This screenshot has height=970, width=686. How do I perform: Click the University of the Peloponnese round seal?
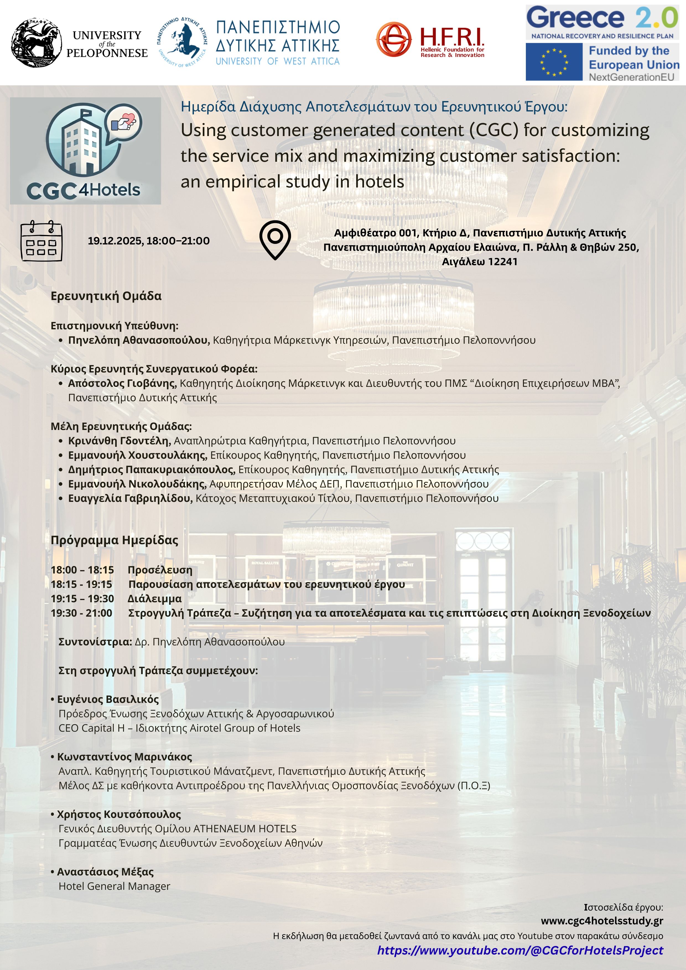[x=36, y=43]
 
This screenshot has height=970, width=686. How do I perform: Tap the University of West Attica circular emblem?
[x=182, y=43]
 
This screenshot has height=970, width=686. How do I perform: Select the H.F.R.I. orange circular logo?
[x=394, y=39]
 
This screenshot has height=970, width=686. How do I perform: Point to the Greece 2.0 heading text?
[x=602, y=18]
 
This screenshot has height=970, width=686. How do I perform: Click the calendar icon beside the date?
[x=41, y=241]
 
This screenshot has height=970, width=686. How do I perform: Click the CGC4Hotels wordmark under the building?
[x=83, y=191]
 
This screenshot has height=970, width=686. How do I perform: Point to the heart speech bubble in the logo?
[x=123, y=122]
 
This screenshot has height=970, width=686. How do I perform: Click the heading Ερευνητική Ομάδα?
[x=106, y=296]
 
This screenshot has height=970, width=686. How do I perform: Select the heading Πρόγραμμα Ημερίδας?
[x=115, y=540]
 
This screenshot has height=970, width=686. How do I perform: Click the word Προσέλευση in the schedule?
[x=160, y=570]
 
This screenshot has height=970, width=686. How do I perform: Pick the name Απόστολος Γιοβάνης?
[x=122, y=383]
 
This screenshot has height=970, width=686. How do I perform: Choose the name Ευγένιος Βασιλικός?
[x=108, y=699]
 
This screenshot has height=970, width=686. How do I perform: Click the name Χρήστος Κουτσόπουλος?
[x=119, y=814]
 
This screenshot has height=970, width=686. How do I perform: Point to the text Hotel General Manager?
[x=115, y=886]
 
